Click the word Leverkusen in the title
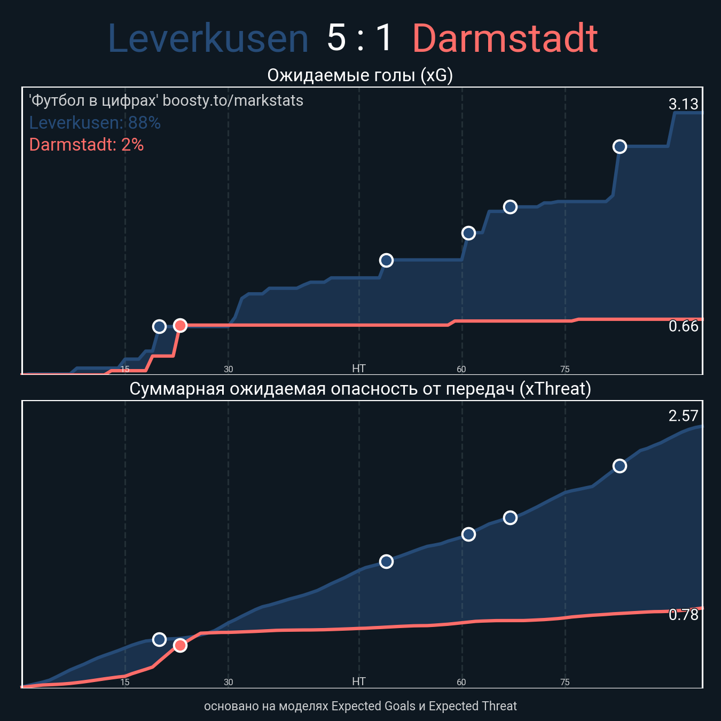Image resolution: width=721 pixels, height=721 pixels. coord(208,39)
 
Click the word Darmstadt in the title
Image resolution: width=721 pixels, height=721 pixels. coord(505,39)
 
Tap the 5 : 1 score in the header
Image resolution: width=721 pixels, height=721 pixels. coord(360,39)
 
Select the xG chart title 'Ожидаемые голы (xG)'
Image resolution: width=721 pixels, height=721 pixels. coord(360,76)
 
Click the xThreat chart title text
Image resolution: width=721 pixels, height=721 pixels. coord(360,389)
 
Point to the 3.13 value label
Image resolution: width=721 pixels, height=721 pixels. coord(683,104)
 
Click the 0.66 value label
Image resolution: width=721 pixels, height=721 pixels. coord(683,326)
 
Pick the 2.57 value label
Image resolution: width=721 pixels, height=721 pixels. coord(683,416)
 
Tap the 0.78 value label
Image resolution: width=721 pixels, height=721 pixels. coord(683,615)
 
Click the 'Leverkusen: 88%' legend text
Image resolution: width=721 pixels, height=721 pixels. coord(95,123)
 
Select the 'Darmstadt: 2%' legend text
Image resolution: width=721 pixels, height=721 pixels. coord(87,145)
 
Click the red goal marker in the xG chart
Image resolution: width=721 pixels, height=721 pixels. coord(180,325)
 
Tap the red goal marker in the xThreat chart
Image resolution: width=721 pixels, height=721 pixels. coord(180,645)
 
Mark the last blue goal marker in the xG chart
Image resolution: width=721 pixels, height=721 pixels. coord(619,146)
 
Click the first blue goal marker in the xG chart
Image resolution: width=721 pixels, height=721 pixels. coord(159,326)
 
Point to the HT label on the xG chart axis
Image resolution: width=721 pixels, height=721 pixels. coord(359,369)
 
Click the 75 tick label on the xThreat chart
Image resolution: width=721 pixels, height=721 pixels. coord(565,682)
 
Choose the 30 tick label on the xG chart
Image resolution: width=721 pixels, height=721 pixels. coord(228,369)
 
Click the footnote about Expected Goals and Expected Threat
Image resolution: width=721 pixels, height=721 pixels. coord(360,706)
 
